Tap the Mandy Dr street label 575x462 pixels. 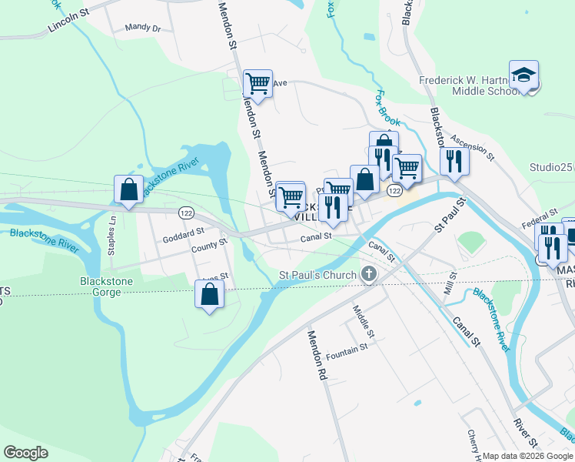(142, 28)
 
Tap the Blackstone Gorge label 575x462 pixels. (106, 287)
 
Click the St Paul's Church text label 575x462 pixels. (317, 275)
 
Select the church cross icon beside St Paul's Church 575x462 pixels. (369, 274)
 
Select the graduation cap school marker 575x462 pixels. (523, 75)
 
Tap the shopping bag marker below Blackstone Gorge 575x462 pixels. (209, 296)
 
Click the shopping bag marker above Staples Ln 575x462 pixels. (129, 190)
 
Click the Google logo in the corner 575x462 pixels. (25, 453)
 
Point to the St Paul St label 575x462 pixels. (450, 215)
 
